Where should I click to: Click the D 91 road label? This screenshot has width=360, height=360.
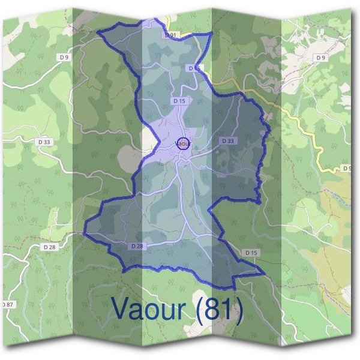171,35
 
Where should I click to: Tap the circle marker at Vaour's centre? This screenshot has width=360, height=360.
184,143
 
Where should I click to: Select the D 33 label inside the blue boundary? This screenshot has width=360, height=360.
227,140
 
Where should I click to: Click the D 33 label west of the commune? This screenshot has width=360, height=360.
43,142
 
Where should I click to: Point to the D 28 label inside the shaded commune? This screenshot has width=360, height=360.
136,246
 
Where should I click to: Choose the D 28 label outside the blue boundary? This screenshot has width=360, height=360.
49,247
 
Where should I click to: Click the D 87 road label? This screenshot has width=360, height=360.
7,305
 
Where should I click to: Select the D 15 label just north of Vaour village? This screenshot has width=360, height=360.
178,101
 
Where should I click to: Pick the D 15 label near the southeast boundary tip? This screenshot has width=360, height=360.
251,253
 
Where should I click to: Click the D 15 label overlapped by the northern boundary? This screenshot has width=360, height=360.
194,68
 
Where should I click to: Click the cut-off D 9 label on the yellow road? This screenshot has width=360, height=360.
347,168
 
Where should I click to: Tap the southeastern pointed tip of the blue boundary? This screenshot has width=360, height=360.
264,273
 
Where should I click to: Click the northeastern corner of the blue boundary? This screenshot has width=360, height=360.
211,35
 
